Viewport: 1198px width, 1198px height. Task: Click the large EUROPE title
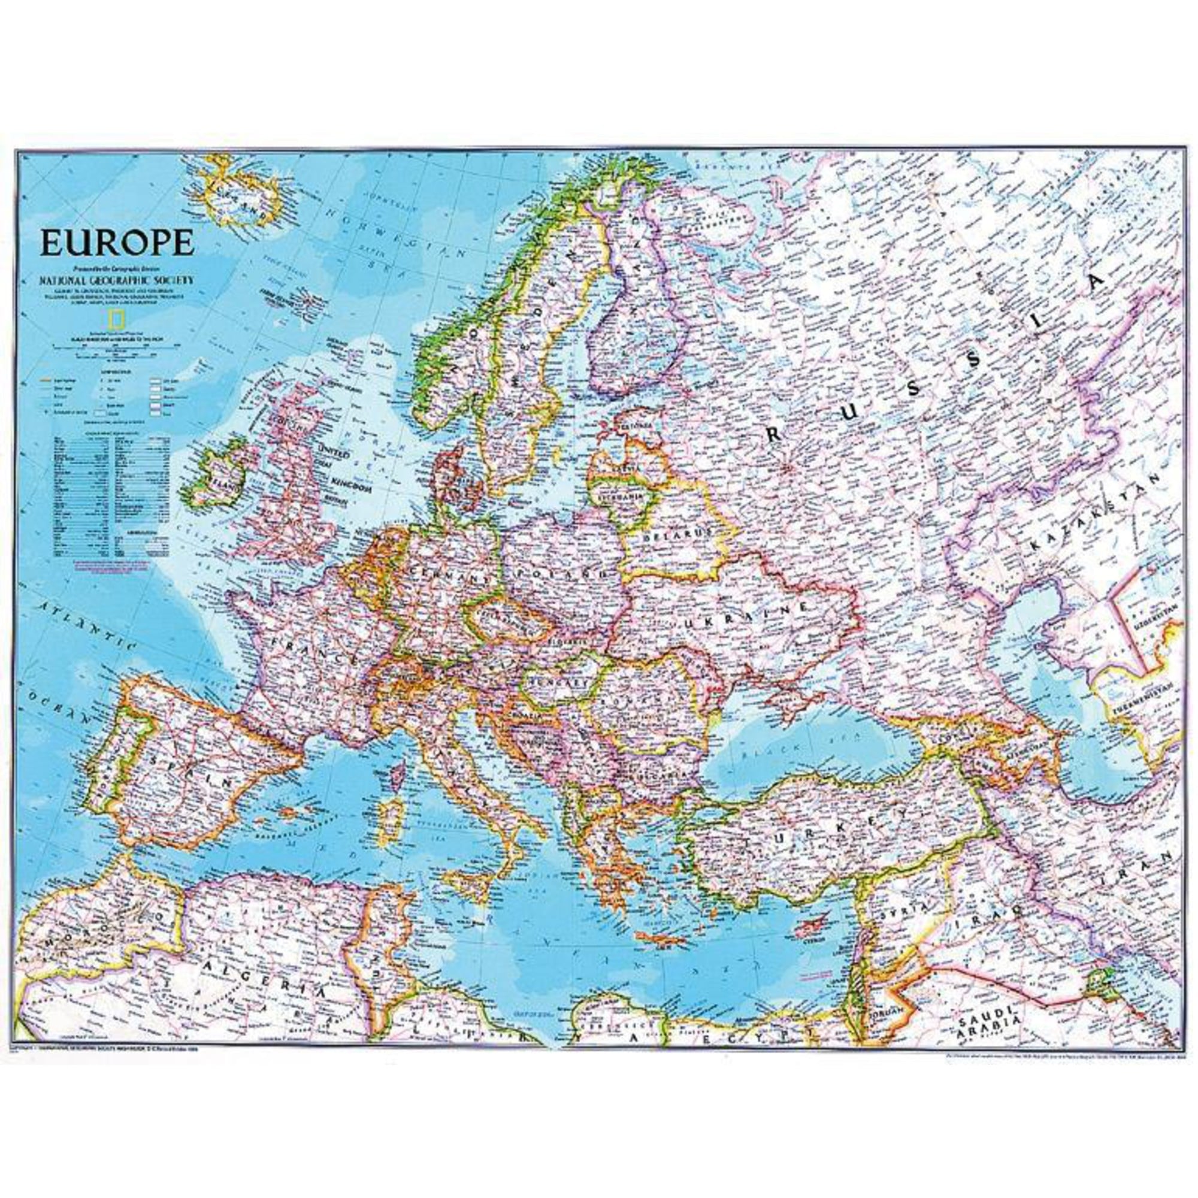(x=117, y=243)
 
